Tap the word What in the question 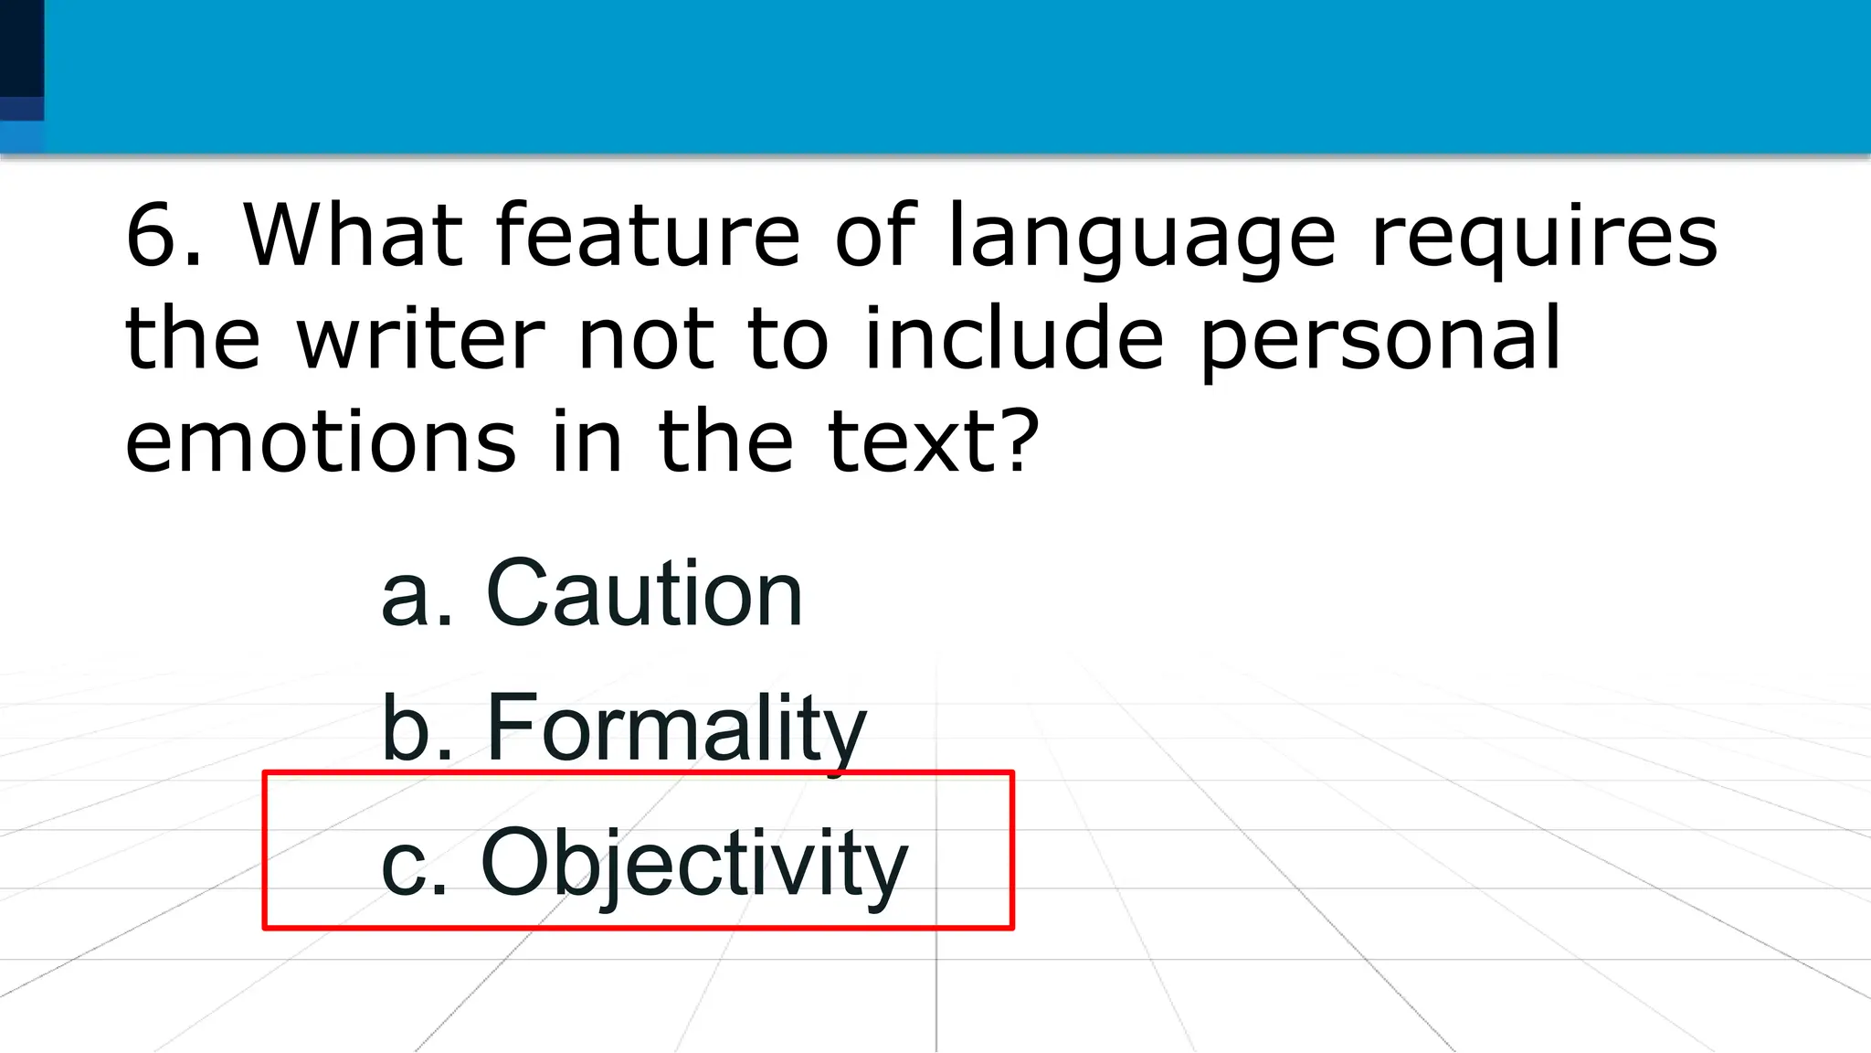[x=353, y=235]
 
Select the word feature [x=648, y=235]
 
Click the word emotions [x=321, y=441]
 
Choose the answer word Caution [x=644, y=594]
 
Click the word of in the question [x=874, y=235]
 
